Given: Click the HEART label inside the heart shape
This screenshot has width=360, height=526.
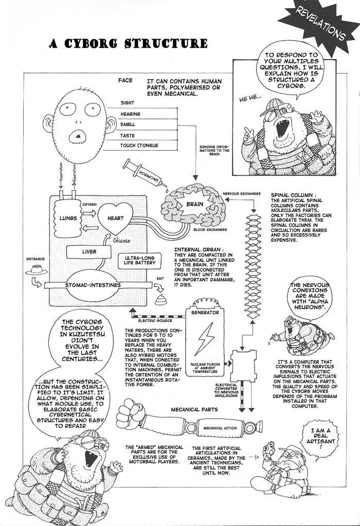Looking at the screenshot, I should [116, 218].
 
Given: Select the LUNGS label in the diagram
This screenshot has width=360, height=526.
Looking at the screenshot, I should [67, 218].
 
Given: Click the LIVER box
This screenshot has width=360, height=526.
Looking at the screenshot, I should [89, 252].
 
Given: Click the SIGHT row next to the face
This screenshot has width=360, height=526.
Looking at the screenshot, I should [127, 103].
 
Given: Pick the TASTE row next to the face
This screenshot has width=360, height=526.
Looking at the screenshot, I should [128, 136].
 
